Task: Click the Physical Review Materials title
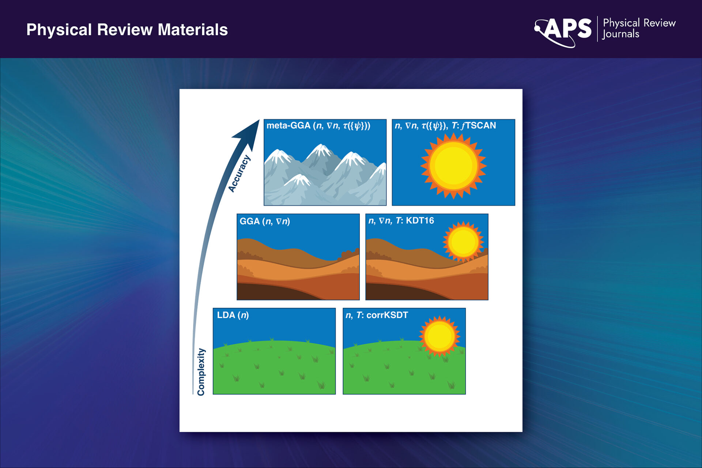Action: (127, 30)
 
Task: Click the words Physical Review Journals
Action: (639, 28)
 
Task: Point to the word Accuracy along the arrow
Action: (239, 173)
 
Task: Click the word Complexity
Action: (201, 371)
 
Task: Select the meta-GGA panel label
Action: (318, 126)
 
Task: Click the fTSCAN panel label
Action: (445, 126)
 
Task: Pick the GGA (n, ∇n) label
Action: (265, 221)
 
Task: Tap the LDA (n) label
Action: (233, 315)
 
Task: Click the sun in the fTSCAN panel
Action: (453, 166)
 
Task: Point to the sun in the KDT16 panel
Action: (463, 242)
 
